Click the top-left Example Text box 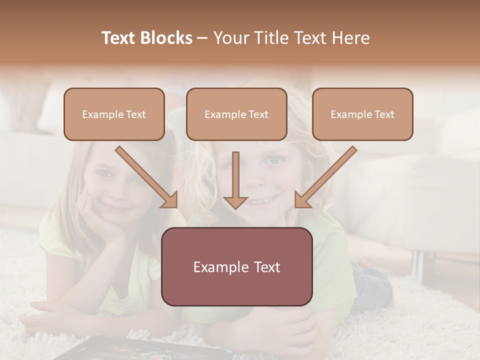[114, 114]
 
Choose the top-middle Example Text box [236, 114]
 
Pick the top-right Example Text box [362, 114]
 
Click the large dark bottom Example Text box [236, 266]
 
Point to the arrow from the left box [147, 177]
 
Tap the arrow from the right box [325, 177]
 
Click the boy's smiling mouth [263, 200]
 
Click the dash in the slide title [202, 38]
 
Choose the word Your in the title [229, 38]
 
